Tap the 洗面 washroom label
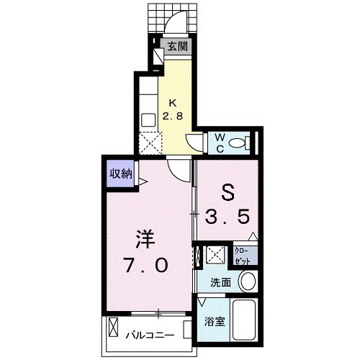coord(221,283)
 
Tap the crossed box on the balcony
coord(114,328)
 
